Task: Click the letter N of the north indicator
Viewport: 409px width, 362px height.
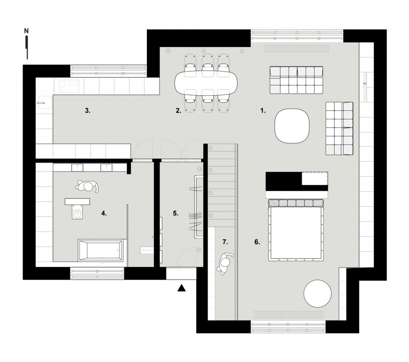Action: [x=26, y=31]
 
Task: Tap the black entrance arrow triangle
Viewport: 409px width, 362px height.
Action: [x=181, y=288]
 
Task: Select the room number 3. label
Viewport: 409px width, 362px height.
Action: [x=88, y=111]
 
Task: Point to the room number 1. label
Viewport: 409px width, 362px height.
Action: [x=263, y=111]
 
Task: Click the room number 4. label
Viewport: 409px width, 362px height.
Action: [x=104, y=213]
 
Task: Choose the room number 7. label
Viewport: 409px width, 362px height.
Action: [x=225, y=242]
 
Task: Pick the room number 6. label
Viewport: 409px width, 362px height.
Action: [x=257, y=242]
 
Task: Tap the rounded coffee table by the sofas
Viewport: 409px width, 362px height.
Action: [x=292, y=126]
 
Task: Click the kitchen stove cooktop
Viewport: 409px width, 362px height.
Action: [x=69, y=86]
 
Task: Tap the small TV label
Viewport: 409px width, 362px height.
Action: [x=365, y=83]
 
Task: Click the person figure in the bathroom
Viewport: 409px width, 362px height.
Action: [x=87, y=186]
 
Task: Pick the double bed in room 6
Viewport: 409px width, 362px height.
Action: [x=296, y=230]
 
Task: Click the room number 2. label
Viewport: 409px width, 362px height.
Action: [x=179, y=111]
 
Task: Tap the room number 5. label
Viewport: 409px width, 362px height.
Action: [x=176, y=213]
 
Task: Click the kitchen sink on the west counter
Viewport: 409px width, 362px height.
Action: [x=44, y=102]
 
